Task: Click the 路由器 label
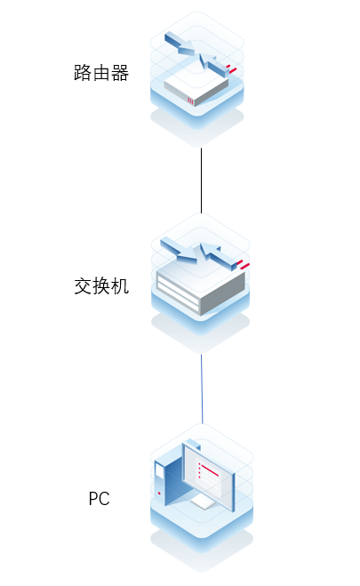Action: click(x=101, y=73)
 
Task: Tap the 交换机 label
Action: click(x=101, y=286)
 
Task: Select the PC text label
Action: click(x=99, y=499)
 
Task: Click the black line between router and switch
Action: click(x=201, y=181)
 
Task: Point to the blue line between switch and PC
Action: click(x=202, y=389)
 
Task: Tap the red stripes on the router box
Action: click(x=191, y=101)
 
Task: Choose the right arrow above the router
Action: click(x=214, y=65)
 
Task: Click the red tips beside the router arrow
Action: click(x=232, y=69)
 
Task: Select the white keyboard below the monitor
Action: click(x=203, y=504)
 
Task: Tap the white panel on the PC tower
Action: click(x=160, y=471)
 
